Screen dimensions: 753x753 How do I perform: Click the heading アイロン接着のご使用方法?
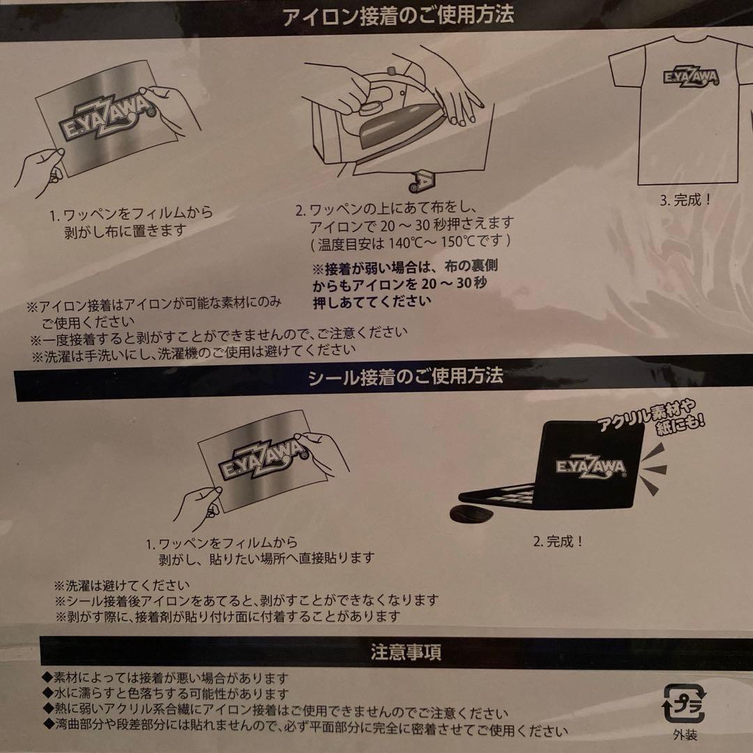point(398,15)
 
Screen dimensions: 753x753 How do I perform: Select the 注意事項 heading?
point(406,653)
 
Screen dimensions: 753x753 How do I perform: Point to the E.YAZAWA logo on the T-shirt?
point(690,76)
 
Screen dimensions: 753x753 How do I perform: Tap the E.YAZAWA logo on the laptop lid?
point(591,466)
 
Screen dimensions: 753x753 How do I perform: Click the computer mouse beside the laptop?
point(471,513)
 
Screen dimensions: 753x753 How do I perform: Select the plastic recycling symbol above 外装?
point(685,704)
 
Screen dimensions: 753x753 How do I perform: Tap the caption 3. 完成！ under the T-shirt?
point(686,200)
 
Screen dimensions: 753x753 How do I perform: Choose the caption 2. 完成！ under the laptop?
point(558,542)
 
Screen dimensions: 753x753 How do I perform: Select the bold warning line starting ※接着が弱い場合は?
point(405,266)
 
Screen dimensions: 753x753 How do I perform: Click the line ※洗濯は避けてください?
point(121,586)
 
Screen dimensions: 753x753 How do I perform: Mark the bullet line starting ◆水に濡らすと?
point(166,694)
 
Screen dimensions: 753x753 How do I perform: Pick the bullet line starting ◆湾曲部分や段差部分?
point(305,731)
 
